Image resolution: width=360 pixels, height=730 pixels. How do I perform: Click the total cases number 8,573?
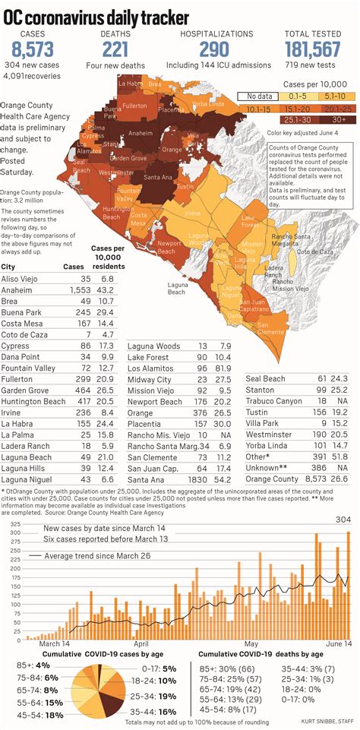coord(33,50)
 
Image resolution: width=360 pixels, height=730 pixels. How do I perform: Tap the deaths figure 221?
coord(115,50)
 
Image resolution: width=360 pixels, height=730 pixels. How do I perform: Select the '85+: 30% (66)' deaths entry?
coord(227,668)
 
